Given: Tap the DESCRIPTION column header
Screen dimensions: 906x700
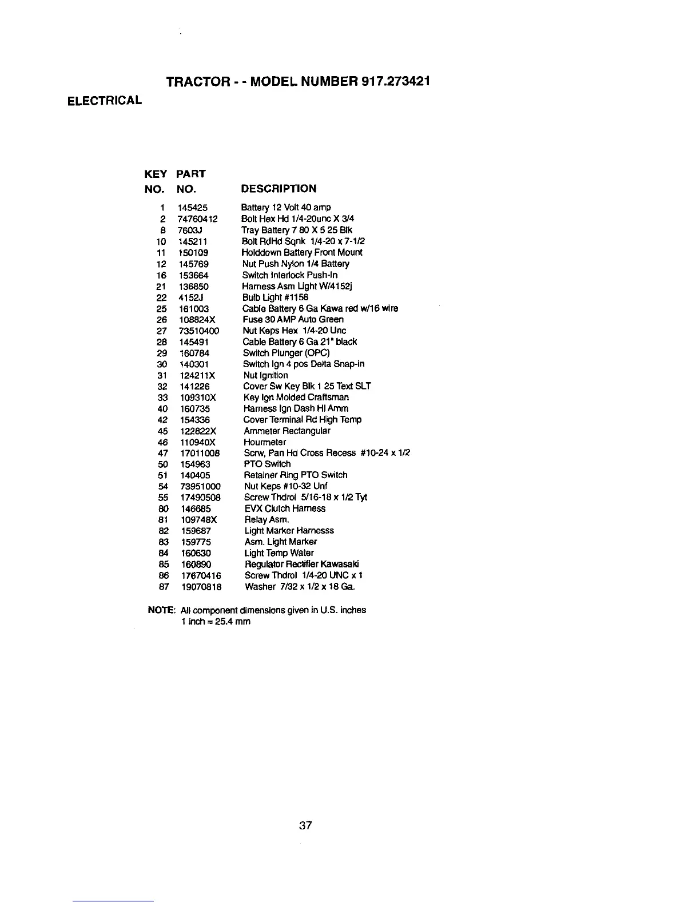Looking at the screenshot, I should click(279, 189).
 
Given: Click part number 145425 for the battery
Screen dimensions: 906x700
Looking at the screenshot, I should click(193, 208).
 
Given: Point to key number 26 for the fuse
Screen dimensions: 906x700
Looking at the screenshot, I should click(161, 320).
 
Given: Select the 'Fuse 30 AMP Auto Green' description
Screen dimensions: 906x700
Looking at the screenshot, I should click(293, 320).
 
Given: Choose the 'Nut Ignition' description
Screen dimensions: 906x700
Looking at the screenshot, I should click(265, 375).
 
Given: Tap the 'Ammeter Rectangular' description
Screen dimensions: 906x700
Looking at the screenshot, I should click(287, 431).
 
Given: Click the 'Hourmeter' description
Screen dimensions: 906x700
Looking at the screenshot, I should click(265, 442).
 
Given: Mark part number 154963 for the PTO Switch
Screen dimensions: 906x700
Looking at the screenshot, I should click(195, 464).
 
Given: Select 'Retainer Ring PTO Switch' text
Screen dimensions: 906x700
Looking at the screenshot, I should click(296, 475).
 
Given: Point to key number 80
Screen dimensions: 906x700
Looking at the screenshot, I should click(162, 508).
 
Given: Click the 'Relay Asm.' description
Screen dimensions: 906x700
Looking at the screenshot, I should click(267, 520).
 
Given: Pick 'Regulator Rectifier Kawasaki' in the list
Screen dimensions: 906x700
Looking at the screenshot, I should click(301, 565).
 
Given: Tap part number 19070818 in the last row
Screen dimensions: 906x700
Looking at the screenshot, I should click(201, 587).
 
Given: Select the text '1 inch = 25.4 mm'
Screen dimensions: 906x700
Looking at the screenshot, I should click(215, 622).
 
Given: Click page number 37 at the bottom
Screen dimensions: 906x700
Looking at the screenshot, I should click(305, 825).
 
